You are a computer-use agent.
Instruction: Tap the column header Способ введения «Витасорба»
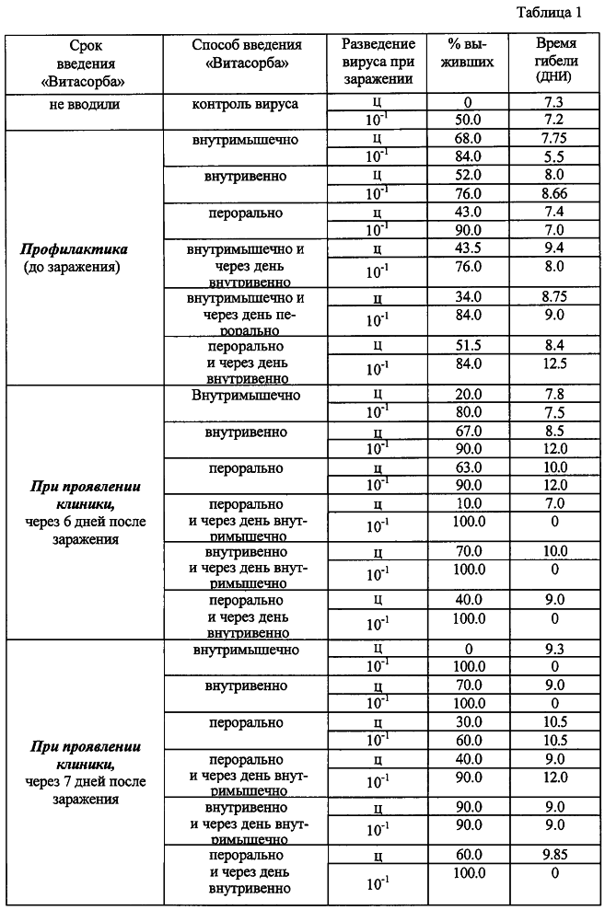(245, 54)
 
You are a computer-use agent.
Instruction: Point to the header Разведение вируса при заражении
(378, 63)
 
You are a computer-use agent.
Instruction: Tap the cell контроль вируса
(245, 105)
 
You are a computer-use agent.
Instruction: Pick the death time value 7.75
(554, 140)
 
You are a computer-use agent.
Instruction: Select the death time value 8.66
(554, 192)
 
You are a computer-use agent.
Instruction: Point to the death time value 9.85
(554, 856)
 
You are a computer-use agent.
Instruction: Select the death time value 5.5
(554, 157)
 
